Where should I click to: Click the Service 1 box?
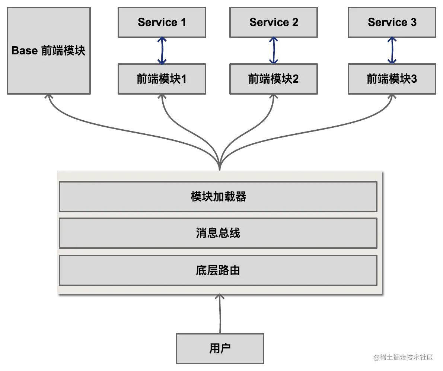162,22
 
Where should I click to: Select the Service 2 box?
274,22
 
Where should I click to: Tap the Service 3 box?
392,22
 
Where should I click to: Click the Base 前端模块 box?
49,51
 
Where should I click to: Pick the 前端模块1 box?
162,79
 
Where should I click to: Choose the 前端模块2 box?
274,79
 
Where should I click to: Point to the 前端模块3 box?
392,79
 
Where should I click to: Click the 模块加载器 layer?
218,197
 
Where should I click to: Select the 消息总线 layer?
218,233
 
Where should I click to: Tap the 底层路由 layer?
218,270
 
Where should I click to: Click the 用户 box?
220,348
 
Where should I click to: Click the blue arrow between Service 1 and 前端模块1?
162,51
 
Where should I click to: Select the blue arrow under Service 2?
274,51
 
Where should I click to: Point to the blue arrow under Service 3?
392,51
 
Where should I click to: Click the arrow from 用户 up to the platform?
220,314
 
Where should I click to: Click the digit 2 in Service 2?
295,22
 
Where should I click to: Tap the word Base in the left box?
25,51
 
